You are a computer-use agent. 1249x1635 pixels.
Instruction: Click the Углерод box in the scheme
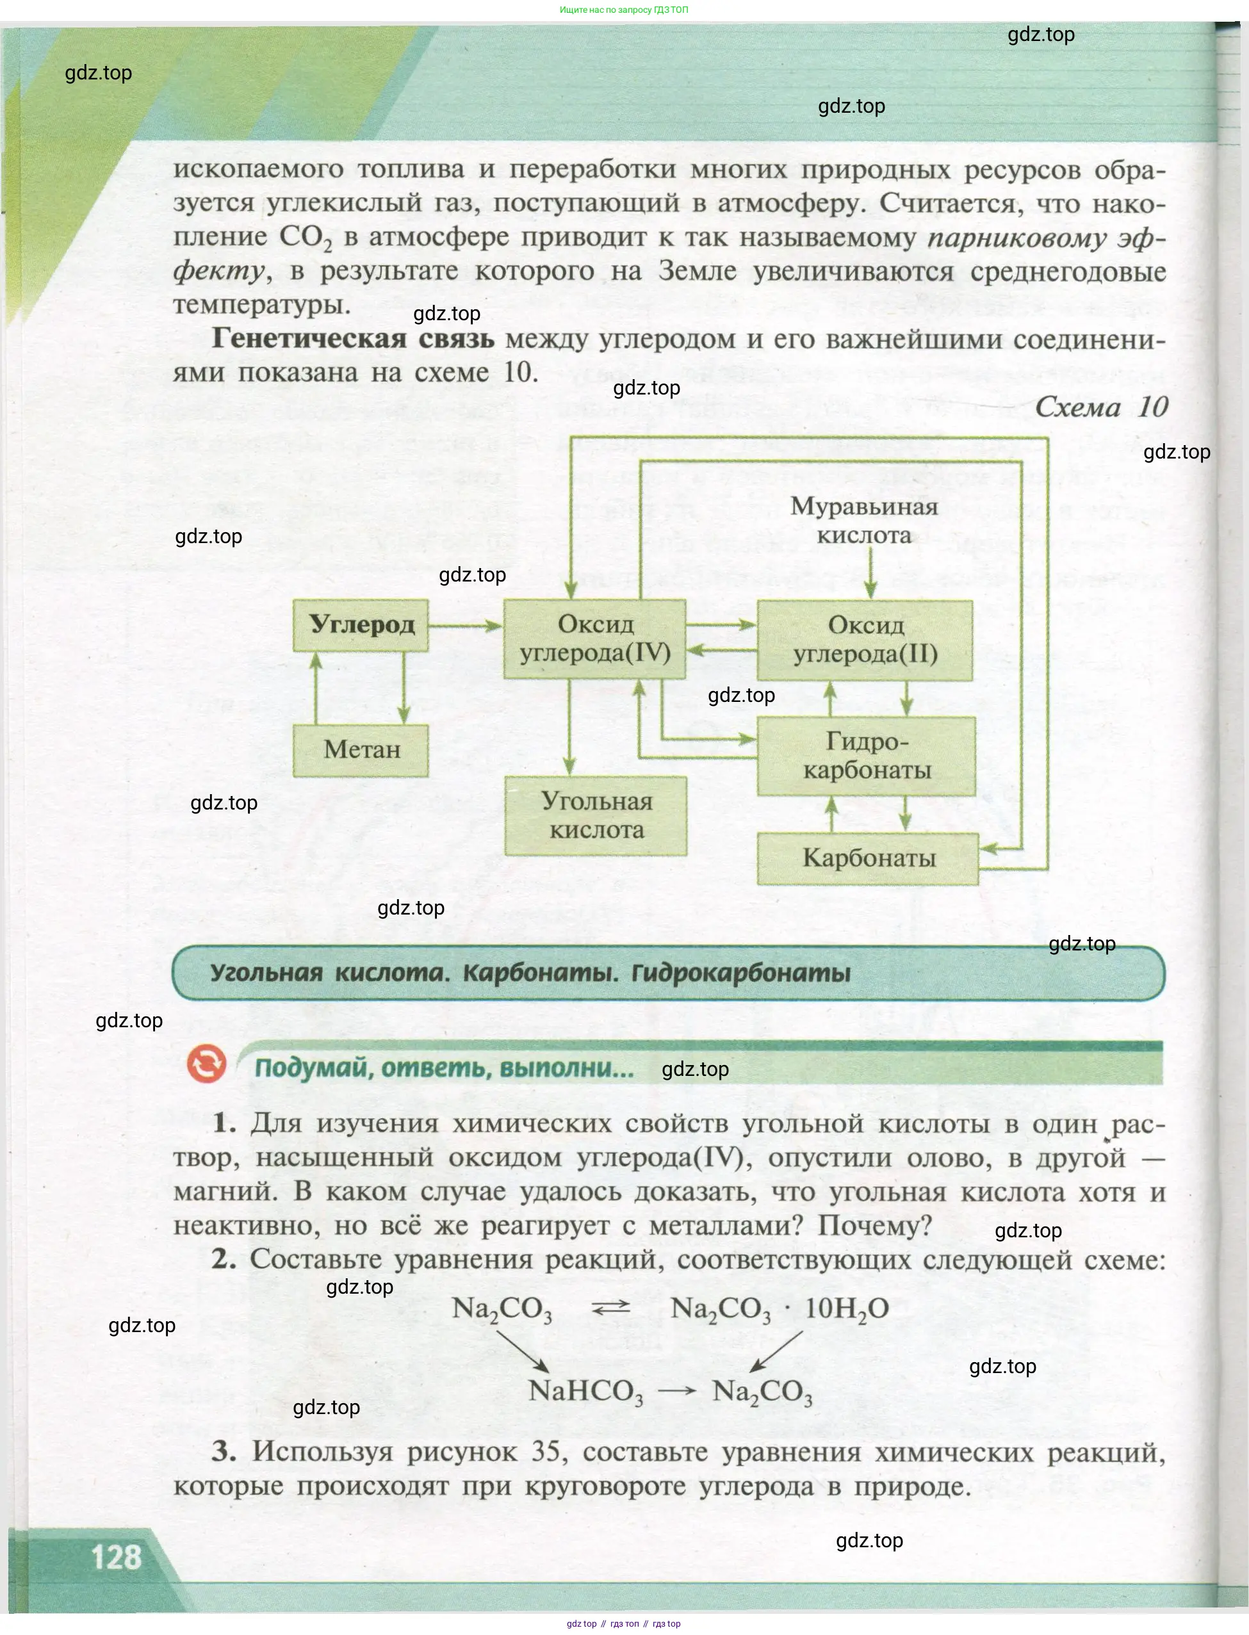(x=361, y=625)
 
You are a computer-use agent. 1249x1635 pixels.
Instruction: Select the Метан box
(x=361, y=750)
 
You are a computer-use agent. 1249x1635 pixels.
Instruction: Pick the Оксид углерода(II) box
(x=865, y=640)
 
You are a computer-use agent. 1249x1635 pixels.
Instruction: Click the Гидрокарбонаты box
(x=866, y=756)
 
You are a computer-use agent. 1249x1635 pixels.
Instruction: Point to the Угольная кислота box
(x=596, y=815)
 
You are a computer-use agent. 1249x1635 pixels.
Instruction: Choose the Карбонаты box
(x=868, y=858)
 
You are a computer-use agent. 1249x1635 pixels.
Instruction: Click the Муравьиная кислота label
(x=864, y=520)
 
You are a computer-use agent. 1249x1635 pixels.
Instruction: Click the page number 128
(x=116, y=1557)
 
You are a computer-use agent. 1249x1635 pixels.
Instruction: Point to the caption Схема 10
(x=1101, y=407)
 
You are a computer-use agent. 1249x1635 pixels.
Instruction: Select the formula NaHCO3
(x=586, y=1391)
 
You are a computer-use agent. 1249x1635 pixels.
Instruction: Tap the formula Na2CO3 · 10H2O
(x=779, y=1309)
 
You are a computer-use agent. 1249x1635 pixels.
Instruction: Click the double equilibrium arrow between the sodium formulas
(x=610, y=1308)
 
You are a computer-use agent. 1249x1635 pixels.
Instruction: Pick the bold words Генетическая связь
(x=352, y=338)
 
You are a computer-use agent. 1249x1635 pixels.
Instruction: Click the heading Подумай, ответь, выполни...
(x=444, y=1068)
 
